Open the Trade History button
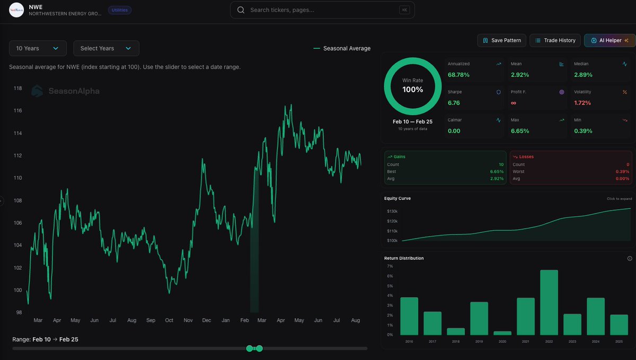pos(555,40)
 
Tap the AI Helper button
pos(609,40)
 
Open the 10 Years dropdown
pos(38,48)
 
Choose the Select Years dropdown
pos(106,48)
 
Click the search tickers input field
pos(322,10)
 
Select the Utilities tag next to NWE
pos(120,10)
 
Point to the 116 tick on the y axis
pos(17,111)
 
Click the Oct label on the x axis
pos(169,320)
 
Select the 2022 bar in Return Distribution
pos(549,302)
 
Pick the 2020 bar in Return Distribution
pos(502,333)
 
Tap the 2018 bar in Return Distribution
pos(456,331)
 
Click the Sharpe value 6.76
pos(454,103)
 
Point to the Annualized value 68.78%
pos(458,75)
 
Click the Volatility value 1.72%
pos(582,103)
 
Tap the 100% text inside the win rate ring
pos(413,90)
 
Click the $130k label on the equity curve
pos(393,211)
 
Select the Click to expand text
pos(619,199)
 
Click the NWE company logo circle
pos(16,10)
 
